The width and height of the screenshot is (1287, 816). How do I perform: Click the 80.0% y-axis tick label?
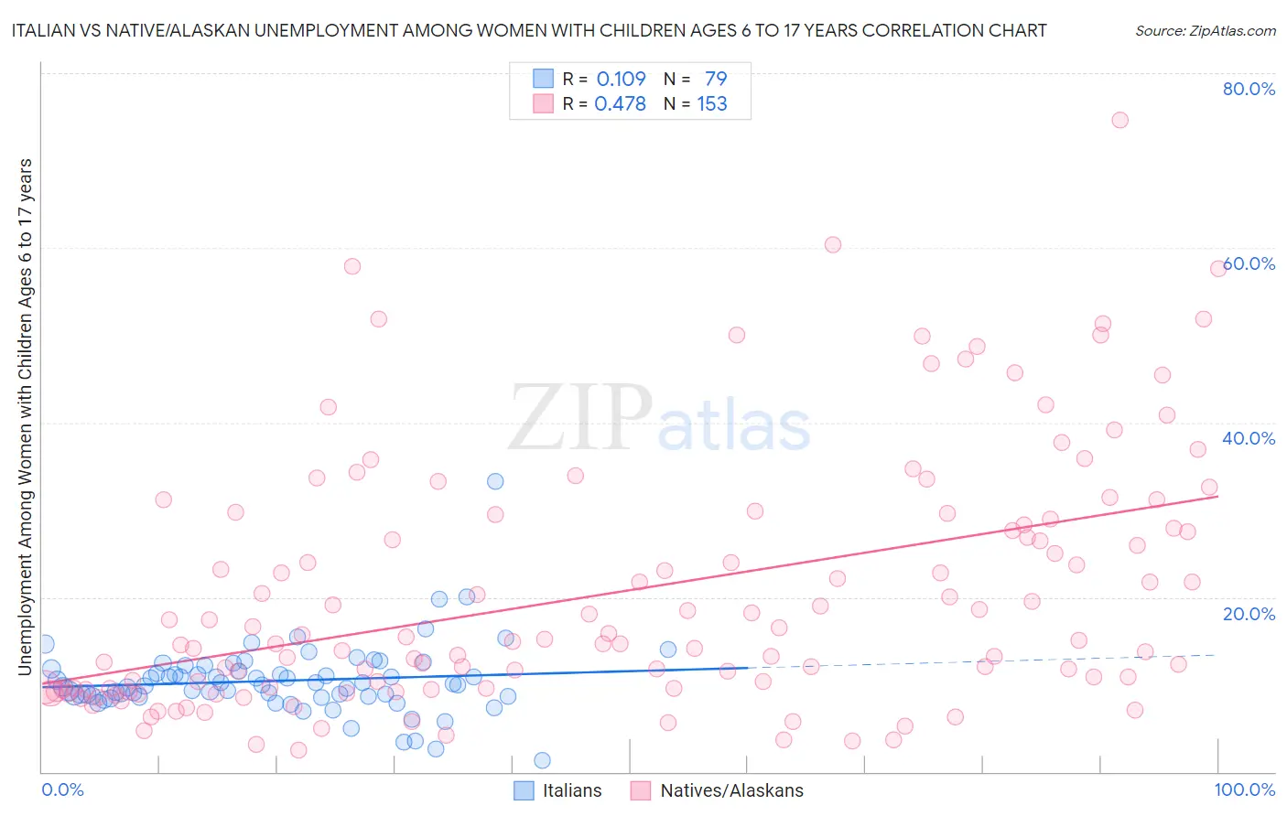tap(1249, 89)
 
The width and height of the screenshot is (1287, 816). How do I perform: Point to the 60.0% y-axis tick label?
tap(1249, 263)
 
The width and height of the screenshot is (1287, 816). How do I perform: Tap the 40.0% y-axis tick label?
tap(1249, 438)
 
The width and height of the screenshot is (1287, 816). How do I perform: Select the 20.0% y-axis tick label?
tap(1249, 613)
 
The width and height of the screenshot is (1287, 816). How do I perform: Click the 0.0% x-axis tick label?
tap(62, 789)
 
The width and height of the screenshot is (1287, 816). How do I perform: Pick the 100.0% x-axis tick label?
tap(1245, 789)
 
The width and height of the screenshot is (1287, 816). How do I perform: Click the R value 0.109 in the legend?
tap(621, 79)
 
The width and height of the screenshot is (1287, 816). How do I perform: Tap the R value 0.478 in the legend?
tap(620, 104)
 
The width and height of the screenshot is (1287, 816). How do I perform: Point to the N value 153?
tap(712, 104)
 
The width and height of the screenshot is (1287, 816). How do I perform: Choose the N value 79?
tap(716, 79)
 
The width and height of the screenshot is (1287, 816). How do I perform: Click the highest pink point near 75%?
tap(1119, 120)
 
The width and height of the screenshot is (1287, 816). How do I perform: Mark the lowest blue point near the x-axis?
tap(542, 760)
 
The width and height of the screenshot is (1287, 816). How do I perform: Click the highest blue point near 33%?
tap(495, 481)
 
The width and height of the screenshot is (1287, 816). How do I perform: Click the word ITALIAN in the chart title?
tap(44, 30)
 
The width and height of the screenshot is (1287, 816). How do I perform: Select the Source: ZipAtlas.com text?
tap(1205, 30)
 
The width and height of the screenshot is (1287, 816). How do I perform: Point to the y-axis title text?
tap(26, 416)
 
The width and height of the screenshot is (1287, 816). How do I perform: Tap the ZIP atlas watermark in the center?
tap(659, 419)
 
